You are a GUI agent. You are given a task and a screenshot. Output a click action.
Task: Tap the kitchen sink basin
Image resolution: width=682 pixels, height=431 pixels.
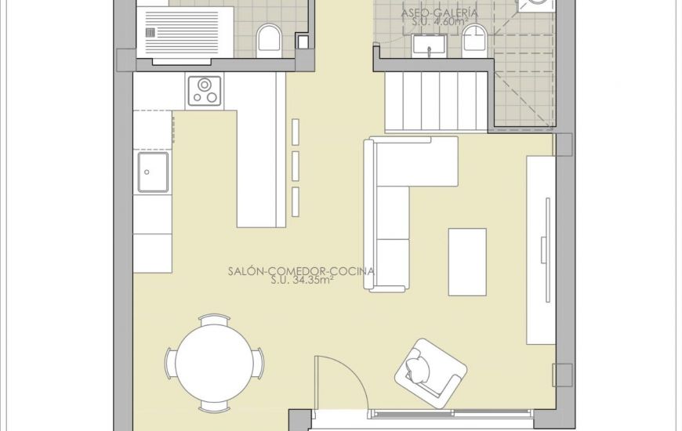coord(153,172)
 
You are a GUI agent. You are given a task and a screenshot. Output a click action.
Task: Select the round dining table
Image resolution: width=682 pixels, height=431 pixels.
coord(214,363)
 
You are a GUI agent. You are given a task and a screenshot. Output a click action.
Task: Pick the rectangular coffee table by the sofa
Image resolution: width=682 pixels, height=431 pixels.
coord(467,262)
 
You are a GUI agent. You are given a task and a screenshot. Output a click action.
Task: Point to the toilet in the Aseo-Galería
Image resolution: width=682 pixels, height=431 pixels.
coord(474,39)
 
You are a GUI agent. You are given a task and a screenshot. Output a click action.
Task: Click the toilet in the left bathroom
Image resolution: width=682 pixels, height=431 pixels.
coord(270,37)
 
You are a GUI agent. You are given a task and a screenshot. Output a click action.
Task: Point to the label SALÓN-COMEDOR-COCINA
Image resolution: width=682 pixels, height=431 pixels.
coord(300,271)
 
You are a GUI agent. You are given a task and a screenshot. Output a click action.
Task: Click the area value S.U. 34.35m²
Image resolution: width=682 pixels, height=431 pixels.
coord(302,281)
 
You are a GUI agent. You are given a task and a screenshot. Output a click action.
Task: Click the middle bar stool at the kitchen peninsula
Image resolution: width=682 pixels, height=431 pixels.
coord(296,166)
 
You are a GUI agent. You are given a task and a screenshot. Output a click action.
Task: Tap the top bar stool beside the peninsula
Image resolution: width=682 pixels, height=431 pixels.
coord(296,132)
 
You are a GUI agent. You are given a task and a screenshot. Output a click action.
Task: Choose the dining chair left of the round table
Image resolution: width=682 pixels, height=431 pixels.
coord(169,364)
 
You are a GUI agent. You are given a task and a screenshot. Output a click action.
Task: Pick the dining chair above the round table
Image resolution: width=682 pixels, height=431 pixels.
coord(214,320)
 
